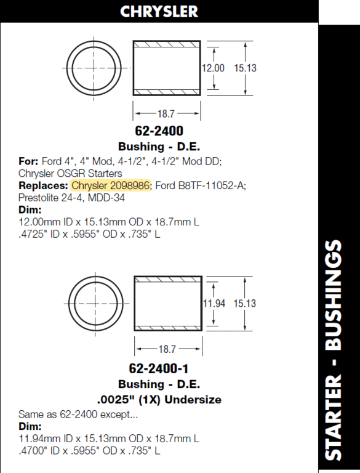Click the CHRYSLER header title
[x=159, y=12]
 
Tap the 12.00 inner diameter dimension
[x=213, y=68]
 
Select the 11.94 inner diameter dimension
[x=214, y=303]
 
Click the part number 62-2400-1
[x=159, y=368]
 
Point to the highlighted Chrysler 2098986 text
[x=111, y=185]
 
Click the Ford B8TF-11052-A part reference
[x=201, y=185]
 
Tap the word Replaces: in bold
[x=44, y=185]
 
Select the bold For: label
[x=28, y=161]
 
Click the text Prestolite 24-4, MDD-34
[x=72, y=198]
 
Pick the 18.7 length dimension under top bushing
[x=166, y=114]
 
